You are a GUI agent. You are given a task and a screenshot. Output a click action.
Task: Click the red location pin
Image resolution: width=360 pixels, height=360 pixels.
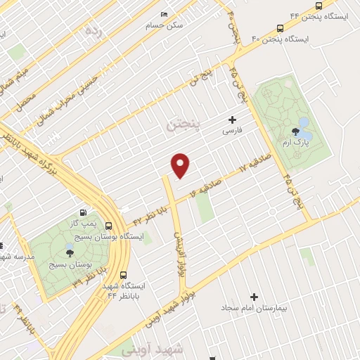pyautogui.click(x=181, y=165)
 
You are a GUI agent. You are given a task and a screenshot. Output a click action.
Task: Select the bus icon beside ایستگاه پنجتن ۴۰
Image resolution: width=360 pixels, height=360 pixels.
pyautogui.click(x=281, y=29)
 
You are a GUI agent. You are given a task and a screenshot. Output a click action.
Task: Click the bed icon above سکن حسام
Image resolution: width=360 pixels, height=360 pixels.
pyautogui.click(x=164, y=15)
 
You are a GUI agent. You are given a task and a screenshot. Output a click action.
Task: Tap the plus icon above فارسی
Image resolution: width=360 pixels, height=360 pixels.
pyautogui.click(x=232, y=120)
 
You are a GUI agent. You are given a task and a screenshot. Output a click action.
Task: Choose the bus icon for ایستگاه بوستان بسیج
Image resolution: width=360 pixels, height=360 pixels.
pyautogui.click(x=108, y=226)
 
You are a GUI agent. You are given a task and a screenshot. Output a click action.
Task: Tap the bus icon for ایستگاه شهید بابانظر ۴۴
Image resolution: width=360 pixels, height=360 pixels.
pyautogui.click(x=124, y=275)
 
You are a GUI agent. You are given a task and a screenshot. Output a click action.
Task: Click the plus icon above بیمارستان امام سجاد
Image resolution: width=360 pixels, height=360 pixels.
pyautogui.click(x=255, y=297)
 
